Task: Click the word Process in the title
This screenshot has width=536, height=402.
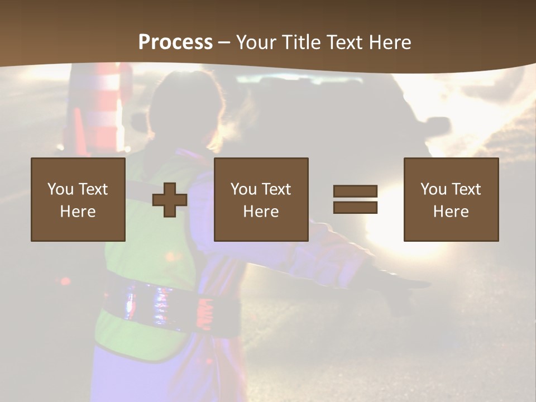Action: point(175,42)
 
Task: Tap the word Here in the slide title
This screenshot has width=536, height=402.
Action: point(390,42)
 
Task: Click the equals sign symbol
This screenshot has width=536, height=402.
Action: point(355,199)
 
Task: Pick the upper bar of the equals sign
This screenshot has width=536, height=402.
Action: point(355,192)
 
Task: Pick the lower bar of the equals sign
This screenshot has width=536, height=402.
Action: point(355,208)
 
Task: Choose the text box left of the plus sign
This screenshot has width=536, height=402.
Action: point(78,199)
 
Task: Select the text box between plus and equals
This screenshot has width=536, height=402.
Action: point(261,199)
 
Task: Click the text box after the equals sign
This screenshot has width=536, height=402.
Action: point(451,199)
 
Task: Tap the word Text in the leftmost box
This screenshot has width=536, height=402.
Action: point(92,189)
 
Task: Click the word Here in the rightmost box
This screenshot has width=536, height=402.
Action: point(451,212)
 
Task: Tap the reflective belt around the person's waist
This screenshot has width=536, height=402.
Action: point(162,304)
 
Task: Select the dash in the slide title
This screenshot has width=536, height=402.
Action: point(224,43)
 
